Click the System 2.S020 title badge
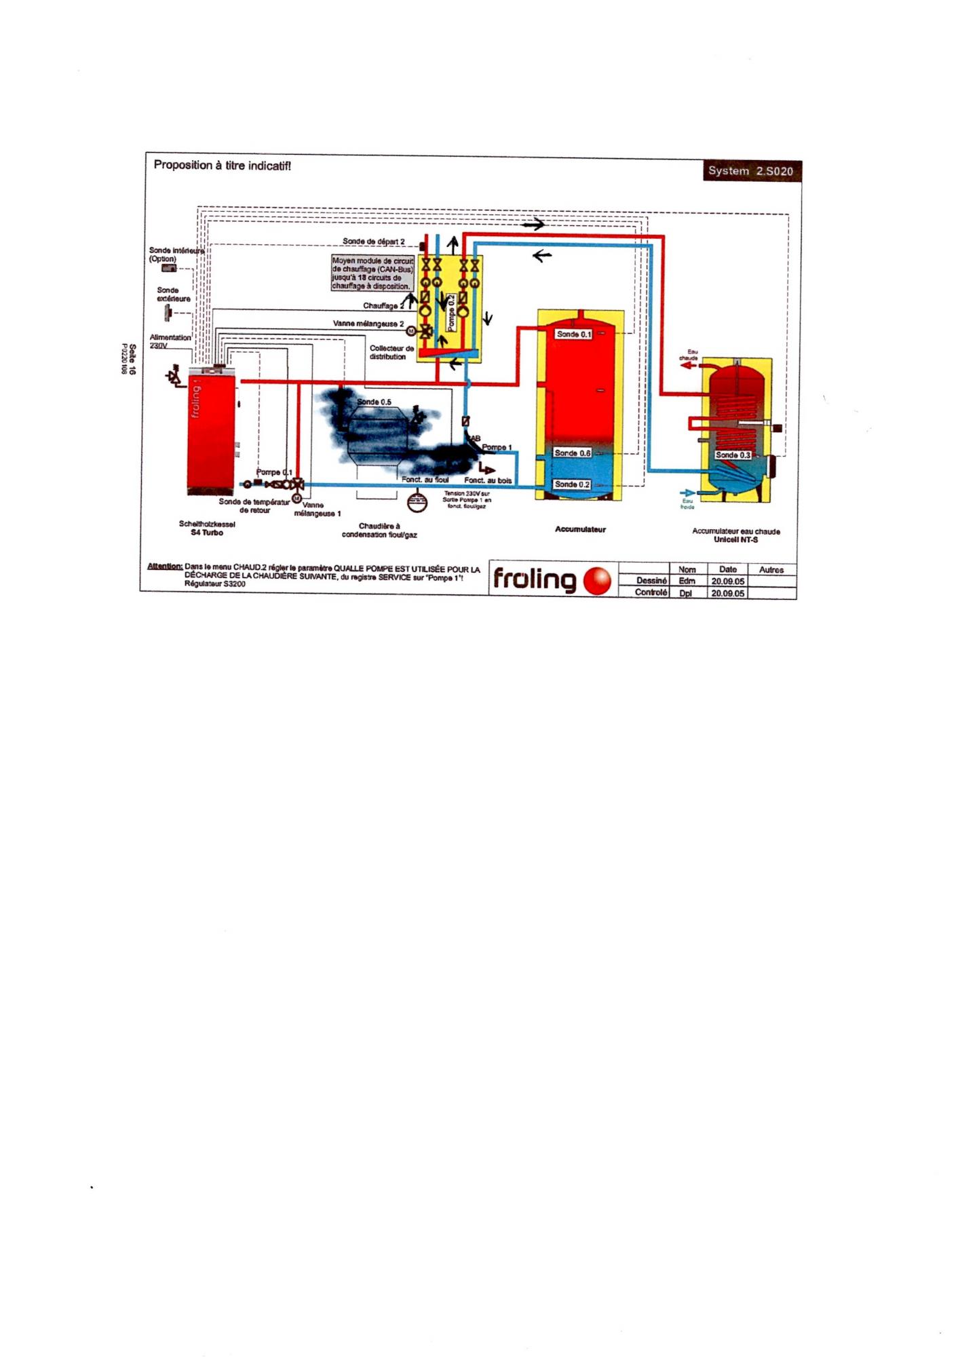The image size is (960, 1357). pos(750,171)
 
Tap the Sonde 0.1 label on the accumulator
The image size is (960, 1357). pos(573,335)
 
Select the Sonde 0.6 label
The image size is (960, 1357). pos(572,453)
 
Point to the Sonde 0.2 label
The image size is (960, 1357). pos(572,484)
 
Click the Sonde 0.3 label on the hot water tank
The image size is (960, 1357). pos(733,455)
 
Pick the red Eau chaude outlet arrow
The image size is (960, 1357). pos(688,365)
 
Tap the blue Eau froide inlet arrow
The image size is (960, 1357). pos(687,493)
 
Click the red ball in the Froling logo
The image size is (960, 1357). pos(597,581)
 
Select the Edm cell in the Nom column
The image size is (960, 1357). pos(687,581)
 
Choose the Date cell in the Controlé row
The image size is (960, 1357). pos(727,593)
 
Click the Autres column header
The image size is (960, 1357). pos(771,570)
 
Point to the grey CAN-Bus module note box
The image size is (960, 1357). pos(372,273)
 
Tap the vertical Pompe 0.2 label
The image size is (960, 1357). pos(451,312)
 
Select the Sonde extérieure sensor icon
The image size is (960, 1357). pos(167,313)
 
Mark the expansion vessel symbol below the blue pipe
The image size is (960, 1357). pos(417,503)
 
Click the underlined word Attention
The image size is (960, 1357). pos(164,567)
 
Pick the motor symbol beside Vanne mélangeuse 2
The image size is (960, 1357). pos(410,331)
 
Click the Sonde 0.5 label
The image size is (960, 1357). pos(374,402)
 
